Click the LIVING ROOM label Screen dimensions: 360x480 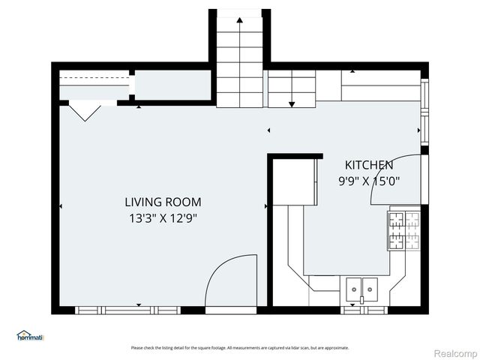tap(163, 202)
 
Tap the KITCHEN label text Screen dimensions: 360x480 tap(368, 165)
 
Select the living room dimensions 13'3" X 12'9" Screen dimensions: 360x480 tap(163, 218)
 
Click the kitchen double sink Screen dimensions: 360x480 tap(361, 288)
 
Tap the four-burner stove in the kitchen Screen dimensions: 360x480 tap(403, 230)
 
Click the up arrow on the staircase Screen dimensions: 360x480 tap(239, 20)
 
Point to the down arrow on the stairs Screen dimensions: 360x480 tap(292, 103)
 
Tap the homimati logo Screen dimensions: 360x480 tap(31, 336)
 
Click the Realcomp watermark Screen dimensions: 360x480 tap(455, 352)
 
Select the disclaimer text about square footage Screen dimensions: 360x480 tap(239, 347)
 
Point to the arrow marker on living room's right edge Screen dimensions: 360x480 tap(265, 206)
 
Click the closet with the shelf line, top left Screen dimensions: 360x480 tap(94, 84)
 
